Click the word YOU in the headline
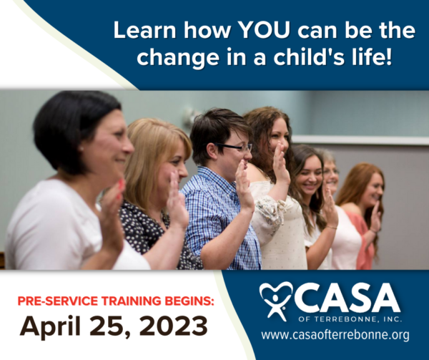264,29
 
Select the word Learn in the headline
144,29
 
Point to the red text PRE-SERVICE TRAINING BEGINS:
116,301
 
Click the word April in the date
50,326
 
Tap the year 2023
174,326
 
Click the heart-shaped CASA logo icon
276,300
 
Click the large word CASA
347,298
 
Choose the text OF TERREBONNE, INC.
350,319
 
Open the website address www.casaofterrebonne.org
335,335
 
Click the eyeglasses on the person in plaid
235,147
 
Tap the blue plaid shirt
219,219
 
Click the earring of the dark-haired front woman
81,149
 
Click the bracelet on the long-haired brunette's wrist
331,227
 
